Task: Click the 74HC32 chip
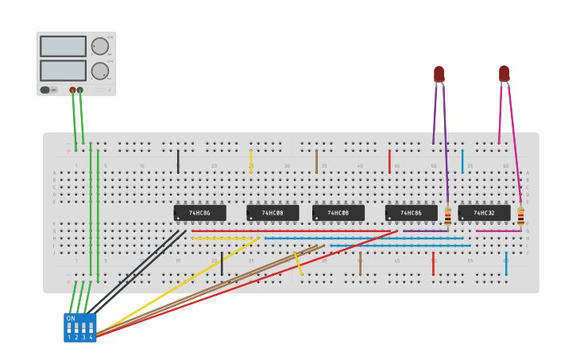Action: pos(484,213)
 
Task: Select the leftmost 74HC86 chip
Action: pos(199,213)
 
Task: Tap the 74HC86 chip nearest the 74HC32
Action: pos(411,213)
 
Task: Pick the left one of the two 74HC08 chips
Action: pos(273,213)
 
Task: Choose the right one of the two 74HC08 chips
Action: pos(338,213)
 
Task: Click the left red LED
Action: pos(439,74)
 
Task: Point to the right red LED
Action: pos(504,73)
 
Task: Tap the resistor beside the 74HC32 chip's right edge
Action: pos(520,215)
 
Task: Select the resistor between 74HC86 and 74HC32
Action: pos(448,215)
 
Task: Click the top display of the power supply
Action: pos(63,46)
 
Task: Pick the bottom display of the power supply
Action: pos(63,71)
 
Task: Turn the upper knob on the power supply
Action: pos(99,46)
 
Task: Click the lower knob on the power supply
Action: pos(99,71)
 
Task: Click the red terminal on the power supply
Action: pos(72,90)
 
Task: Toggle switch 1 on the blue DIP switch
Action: pos(69,327)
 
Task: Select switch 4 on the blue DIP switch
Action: pos(91,327)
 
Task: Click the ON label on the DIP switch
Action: pos(71,318)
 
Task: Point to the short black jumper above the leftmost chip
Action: pos(178,161)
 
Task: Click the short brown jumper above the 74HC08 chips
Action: pos(316,161)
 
